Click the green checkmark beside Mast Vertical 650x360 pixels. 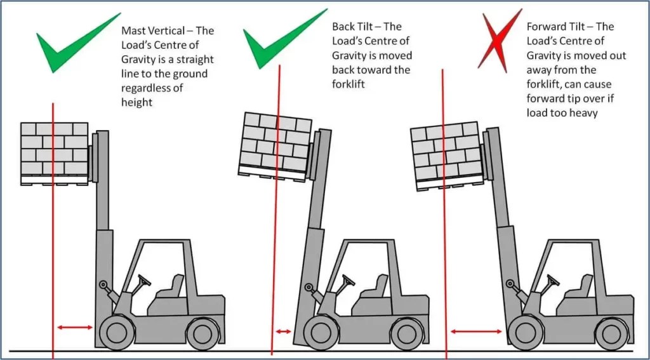click(x=76, y=45)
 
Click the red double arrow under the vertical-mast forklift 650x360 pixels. click(x=75, y=328)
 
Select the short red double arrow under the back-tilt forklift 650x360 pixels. click(x=282, y=331)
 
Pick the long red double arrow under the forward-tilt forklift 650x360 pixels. click(x=477, y=331)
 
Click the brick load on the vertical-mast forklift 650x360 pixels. click(x=54, y=149)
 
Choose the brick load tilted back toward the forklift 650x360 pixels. click(x=276, y=143)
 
